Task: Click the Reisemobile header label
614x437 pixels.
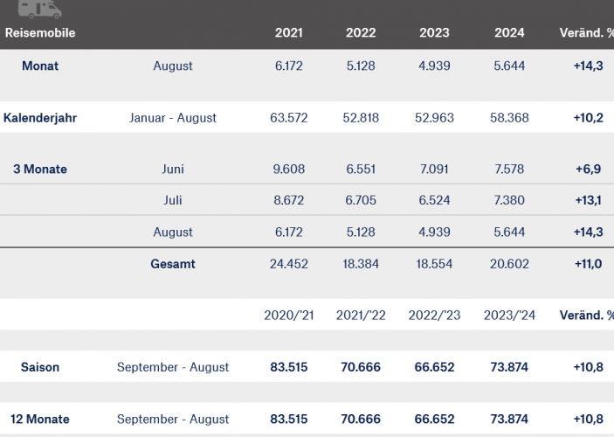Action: pyautogui.click(x=40, y=33)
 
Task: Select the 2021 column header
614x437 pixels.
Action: pyautogui.click(x=289, y=33)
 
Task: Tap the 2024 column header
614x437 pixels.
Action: pyautogui.click(x=509, y=33)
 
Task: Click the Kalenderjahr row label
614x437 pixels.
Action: pyautogui.click(x=40, y=118)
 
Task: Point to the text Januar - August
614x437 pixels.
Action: pyautogui.click(x=173, y=118)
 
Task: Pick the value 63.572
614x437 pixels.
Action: pyautogui.click(x=289, y=118)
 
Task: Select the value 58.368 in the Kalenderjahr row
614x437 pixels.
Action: pyautogui.click(x=509, y=118)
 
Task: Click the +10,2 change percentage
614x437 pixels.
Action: pyautogui.click(x=586, y=118)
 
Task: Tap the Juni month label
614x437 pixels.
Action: pyautogui.click(x=173, y=170)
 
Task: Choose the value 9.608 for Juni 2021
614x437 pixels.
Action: pyautogui.click(x=289, y=170)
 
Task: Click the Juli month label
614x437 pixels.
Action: pyautogui.click(x=173, y=201)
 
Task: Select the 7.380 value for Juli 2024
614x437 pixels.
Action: pyautogui.click(x=509, y=201)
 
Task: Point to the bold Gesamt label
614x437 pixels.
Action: pyautogui.click(x=173, y=264)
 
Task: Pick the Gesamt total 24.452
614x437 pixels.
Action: pyautogui.click(x=289, y=264)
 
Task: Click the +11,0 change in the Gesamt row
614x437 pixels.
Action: pyautogui.click(x=586, y=264)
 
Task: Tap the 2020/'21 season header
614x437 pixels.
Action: pyautogui.click(x=289, y=316)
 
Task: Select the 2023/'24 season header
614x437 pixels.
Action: pyautogui.click(x=509, y=316)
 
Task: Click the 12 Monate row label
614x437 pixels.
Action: pyautogui.click(x=40, y=420)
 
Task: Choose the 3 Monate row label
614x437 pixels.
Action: pyautogui.click(x=40, y=170)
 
